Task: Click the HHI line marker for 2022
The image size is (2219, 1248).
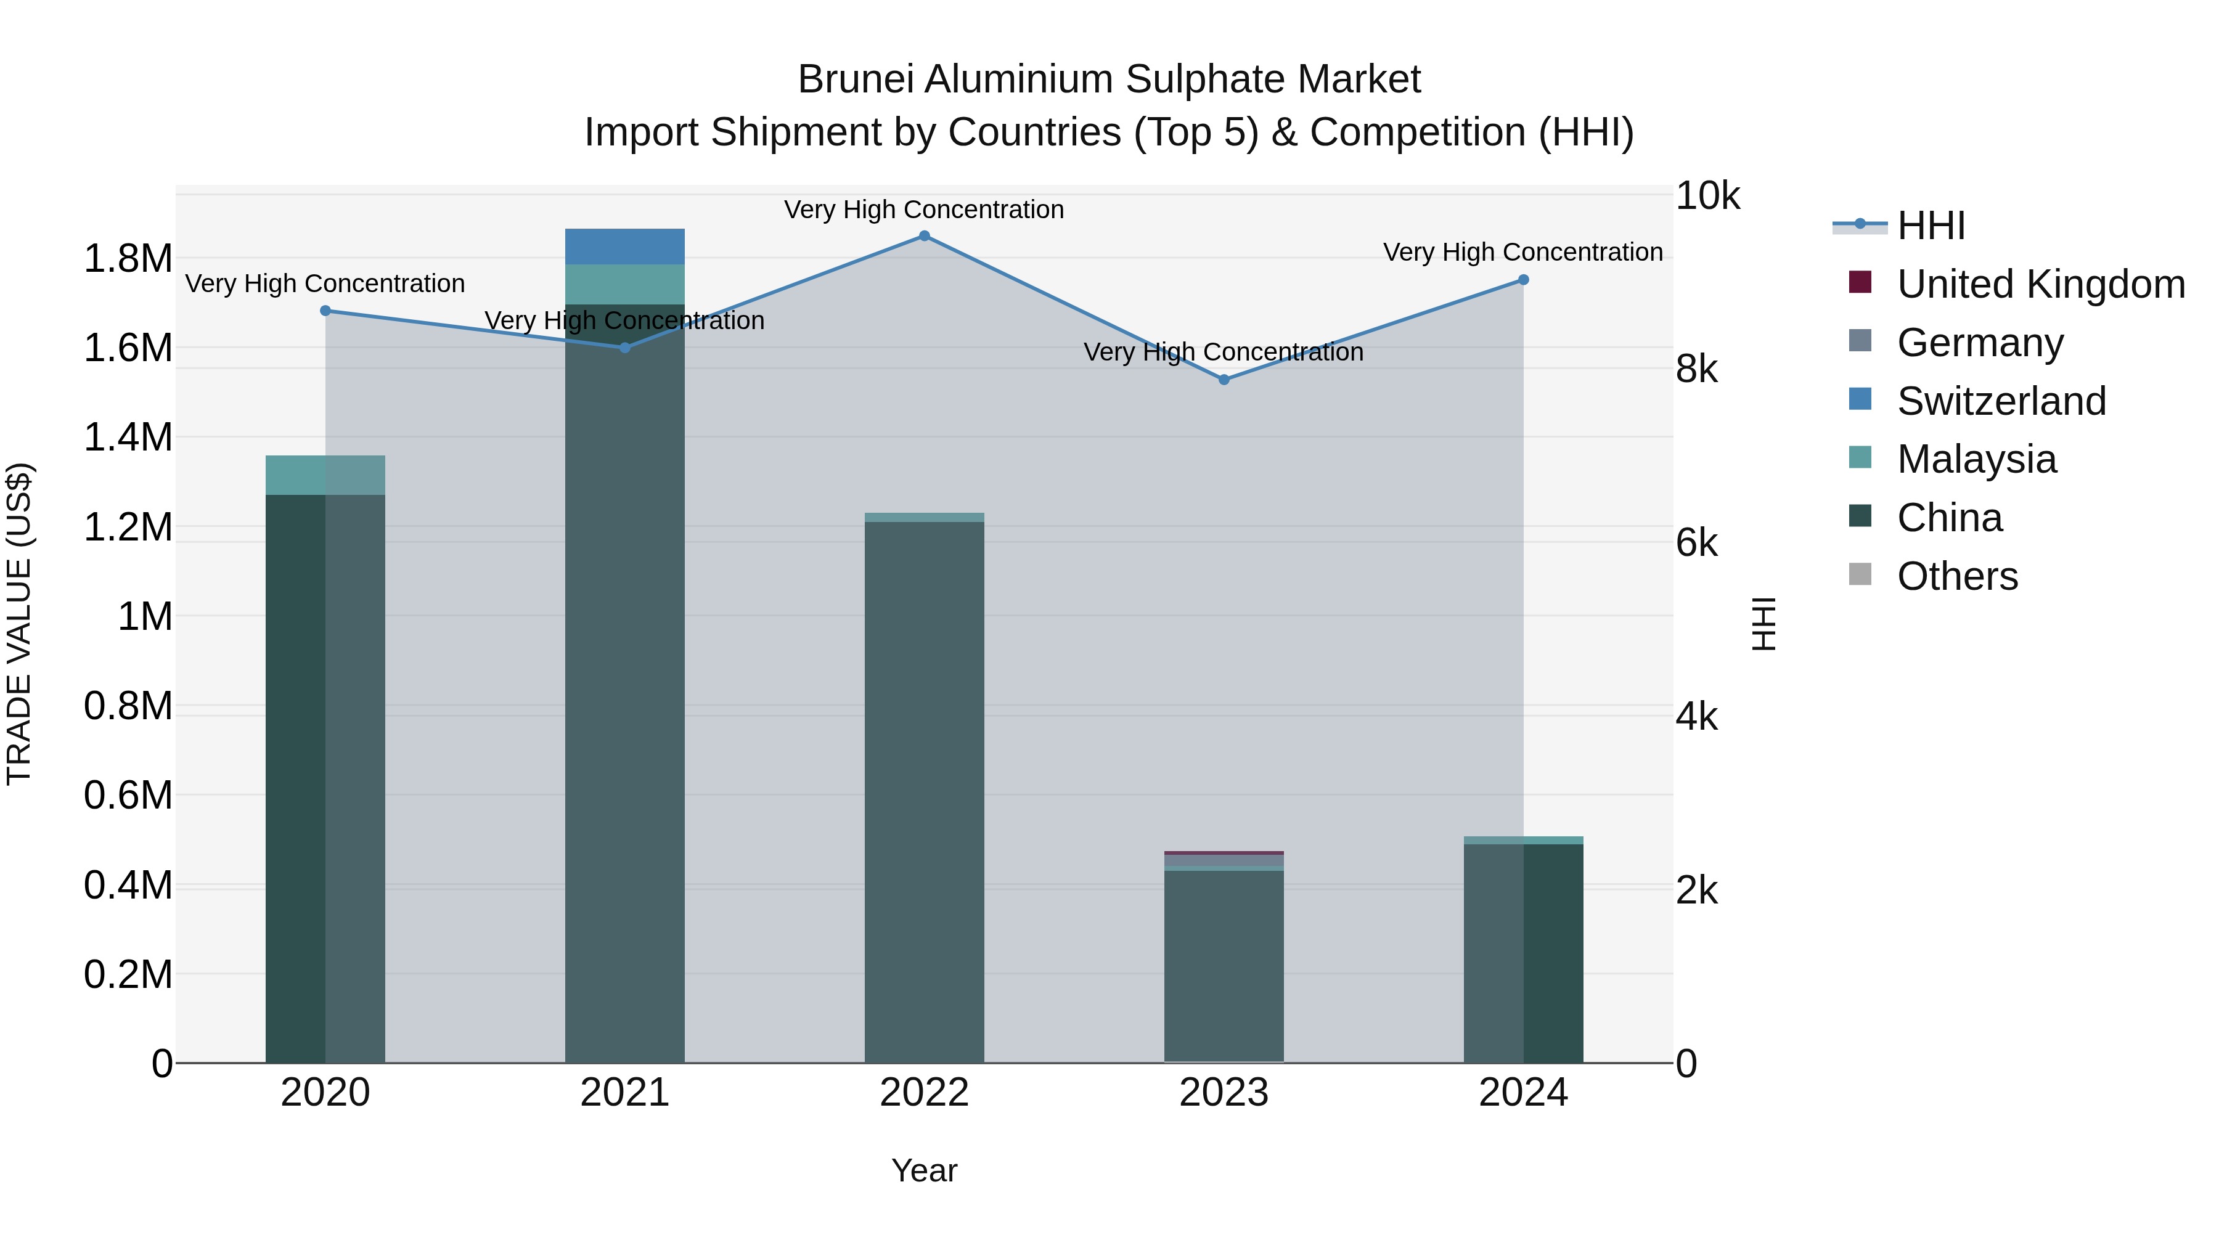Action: [x=925, y=236]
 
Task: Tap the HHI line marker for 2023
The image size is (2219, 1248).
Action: [x=1224, y=380]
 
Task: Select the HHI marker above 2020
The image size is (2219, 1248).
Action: [x=325, y=311]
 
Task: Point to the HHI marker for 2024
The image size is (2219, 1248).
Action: [x=1523, y=280]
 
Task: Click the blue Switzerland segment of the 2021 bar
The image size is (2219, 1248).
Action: [x=624, y=247]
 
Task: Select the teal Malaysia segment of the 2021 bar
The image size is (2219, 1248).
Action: [x=624, y=284]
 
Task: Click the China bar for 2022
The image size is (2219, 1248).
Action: [x=925, y=793]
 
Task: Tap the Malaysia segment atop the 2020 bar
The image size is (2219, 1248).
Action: [x=325, y=475]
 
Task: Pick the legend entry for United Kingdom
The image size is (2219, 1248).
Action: [x=2040, y=284]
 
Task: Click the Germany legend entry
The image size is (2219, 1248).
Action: [x=1979, y=343]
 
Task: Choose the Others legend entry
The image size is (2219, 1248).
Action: [x=1956, y=576]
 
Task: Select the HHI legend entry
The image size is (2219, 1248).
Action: [x=1931, y=226]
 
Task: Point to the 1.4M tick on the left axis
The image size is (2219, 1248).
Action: [x=128, y=438]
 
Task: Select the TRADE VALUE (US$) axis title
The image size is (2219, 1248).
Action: [x=20, y=624]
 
